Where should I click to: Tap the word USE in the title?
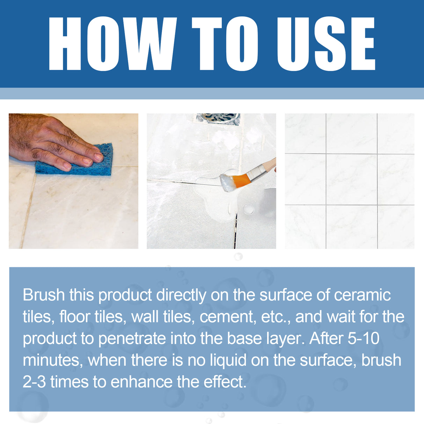pyautogui.click(x=326, y=44)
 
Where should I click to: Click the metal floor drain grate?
pyautogui.click(x=218, y=118)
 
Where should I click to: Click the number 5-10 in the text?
pyautogui.click(x=363, y=338)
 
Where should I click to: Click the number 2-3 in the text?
pyautogui.click(x=34, y=382)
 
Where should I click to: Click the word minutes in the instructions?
pyautogui.click(x=52, y=360)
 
